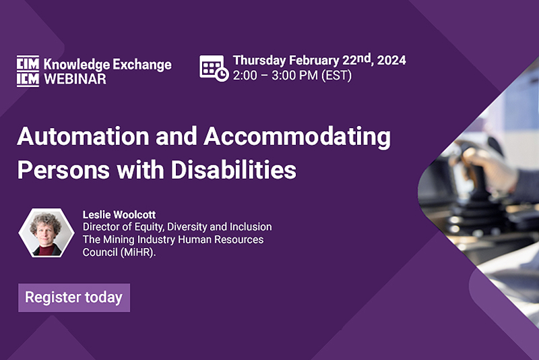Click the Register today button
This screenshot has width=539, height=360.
(x=74, y=297)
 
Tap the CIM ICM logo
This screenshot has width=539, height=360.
(x=28, y=71)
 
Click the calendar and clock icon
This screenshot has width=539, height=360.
(x=214, y=68)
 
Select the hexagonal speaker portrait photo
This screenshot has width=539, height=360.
(x=46, y=233)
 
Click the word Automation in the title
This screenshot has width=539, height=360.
(x=83, y=136)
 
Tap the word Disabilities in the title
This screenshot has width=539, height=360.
(x=234, y=170)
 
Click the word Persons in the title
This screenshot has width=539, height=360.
(x=63, y=170)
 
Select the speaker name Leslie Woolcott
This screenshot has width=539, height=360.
(x=119, y=215)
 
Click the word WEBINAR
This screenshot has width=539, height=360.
(x=75, y=79)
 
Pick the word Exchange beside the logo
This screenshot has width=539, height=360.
(x=142, y=65)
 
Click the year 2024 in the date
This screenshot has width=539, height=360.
(x=391, y=60)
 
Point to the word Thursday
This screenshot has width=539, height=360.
(x=259, y=61)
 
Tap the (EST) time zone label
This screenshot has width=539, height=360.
(x=336, y=76)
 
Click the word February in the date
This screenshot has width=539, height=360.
(x=314, y=61)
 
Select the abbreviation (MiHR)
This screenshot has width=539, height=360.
(x=138, y=252)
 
